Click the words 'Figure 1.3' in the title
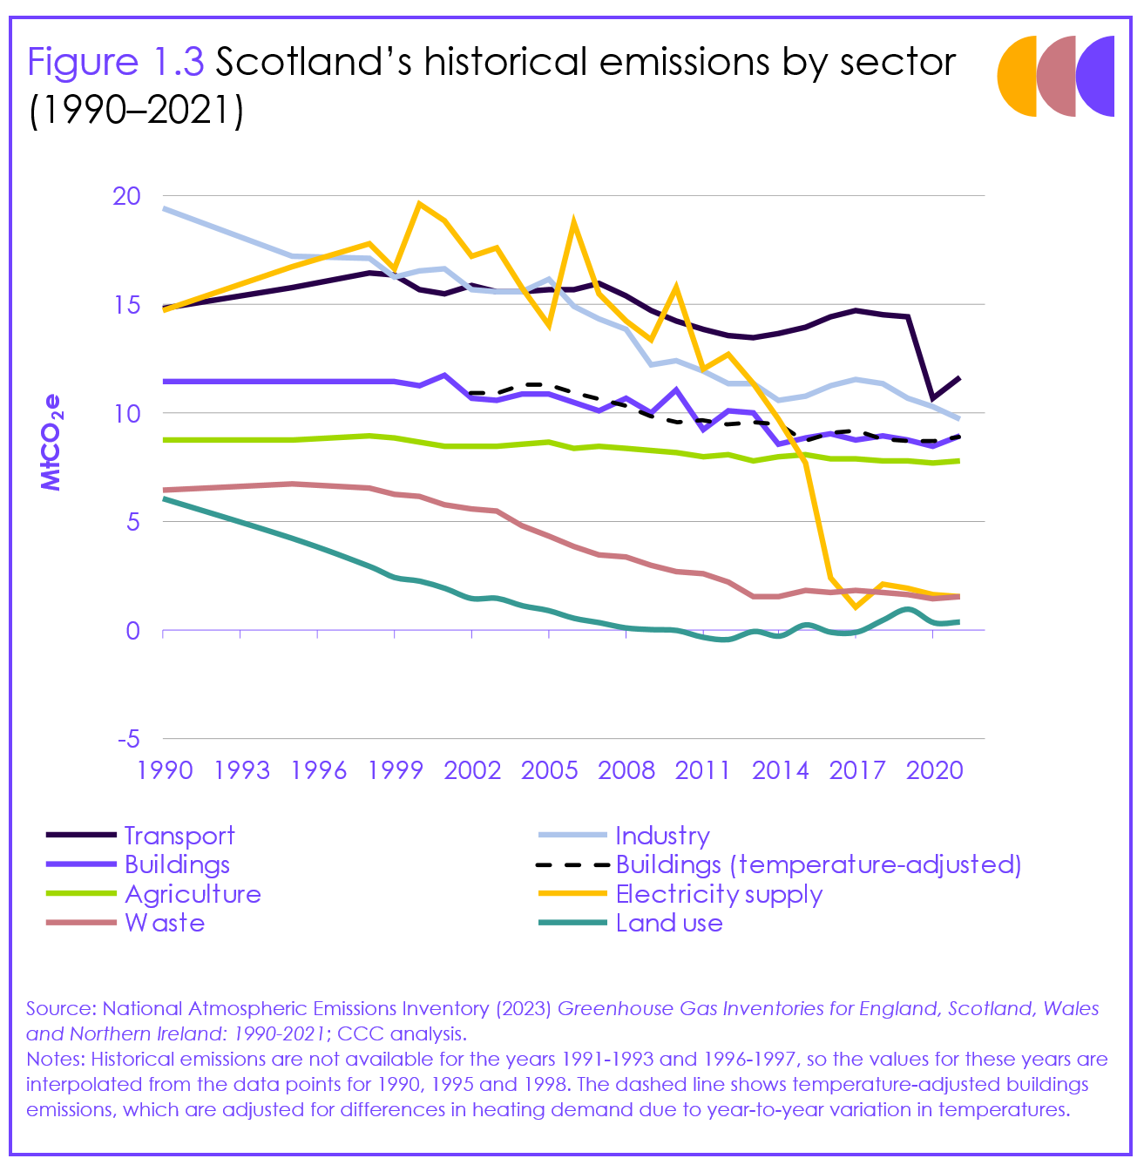tap(115, 63)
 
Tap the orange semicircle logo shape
tap(1018, 77)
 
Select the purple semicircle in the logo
tap(1097, 77)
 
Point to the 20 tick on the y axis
tap(127, 196)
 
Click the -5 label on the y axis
tap(127, 739)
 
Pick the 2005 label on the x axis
tap(549, 770)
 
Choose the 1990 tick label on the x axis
tap(165, 770)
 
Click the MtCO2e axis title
tap(52, 443)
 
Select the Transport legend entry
tap(179, 836)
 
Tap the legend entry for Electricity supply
tap(719, 894)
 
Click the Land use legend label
tap(669, 924)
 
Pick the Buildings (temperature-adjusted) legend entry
tap(818, 864)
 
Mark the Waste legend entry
tap(165, 924)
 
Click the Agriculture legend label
tap(193, 894)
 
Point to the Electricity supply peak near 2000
tap(420, 204)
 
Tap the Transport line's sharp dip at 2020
tap(933, 398)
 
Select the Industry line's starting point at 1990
tap(164, 209)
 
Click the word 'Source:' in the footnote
tap(62, 1009)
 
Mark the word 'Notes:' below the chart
tap(56, 1060)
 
